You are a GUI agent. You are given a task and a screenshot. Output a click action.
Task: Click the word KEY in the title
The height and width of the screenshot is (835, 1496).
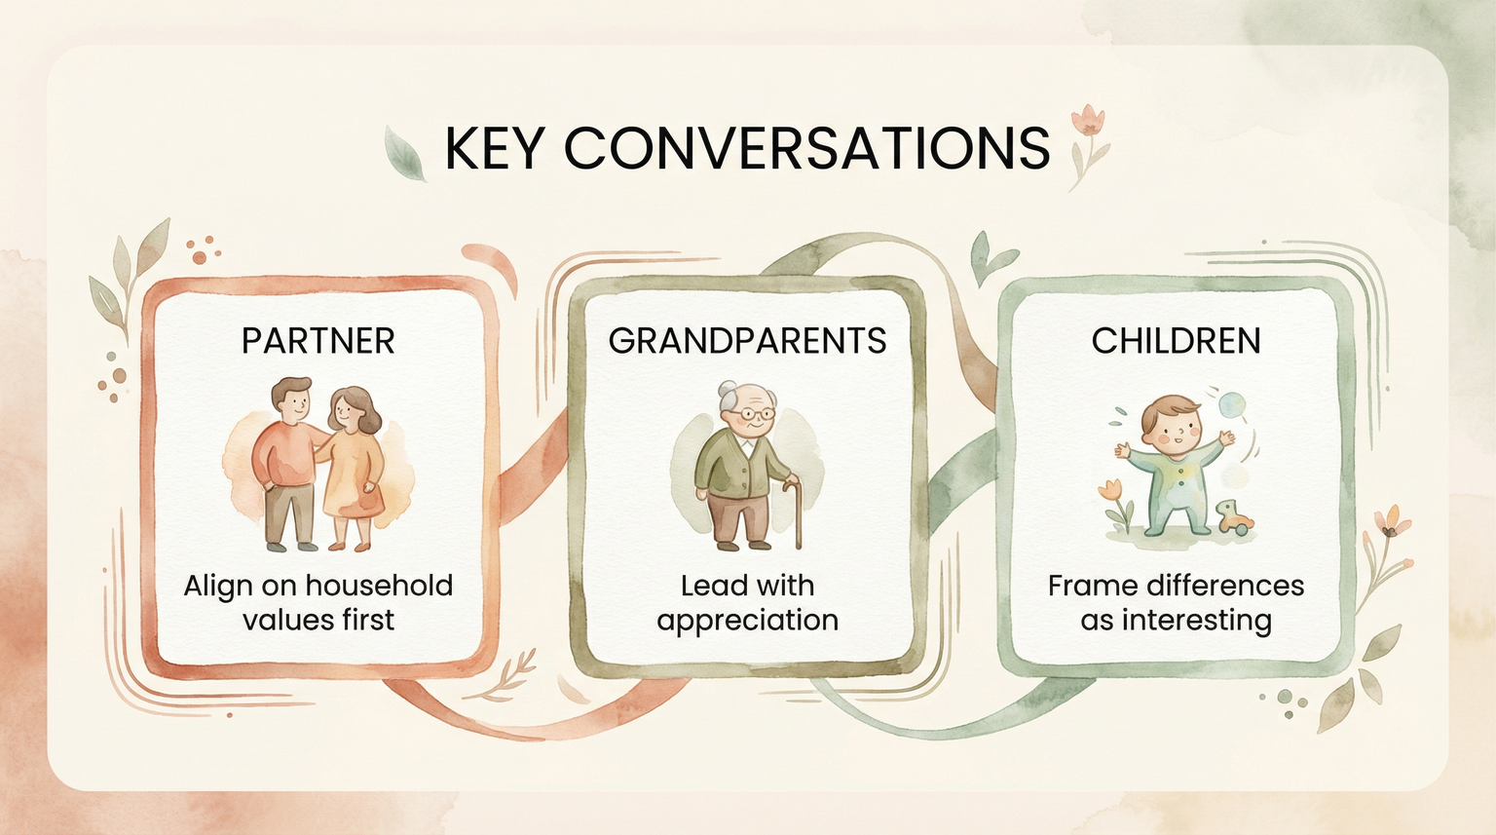coord(493,148)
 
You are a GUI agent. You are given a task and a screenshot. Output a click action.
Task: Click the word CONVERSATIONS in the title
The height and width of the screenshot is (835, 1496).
coord(806,148)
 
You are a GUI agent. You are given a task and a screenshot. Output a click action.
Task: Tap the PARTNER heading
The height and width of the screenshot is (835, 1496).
coord(318,341)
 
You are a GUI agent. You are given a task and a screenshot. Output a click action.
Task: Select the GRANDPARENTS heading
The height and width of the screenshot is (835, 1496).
coord(747,341)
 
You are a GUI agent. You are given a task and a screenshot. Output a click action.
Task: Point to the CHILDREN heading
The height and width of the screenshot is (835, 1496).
coord(1176,341)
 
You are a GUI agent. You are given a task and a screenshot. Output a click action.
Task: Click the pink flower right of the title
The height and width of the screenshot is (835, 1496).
coord(1088,122)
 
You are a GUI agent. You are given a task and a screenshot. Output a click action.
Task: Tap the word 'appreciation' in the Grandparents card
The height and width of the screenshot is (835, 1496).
coord(747,621)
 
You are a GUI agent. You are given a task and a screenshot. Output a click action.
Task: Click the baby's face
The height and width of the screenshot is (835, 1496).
coord(1172,428)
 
